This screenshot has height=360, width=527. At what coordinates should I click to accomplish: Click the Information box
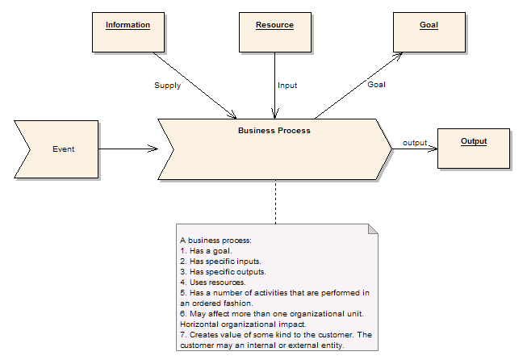point(128,32)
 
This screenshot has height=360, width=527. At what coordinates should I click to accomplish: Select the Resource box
point(275,32)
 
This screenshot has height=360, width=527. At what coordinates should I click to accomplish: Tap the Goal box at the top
point(429,32)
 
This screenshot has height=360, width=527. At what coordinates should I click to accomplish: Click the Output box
point(474,149)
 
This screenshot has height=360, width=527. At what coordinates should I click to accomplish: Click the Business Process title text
point(274,131)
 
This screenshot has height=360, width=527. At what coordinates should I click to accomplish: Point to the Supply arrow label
point(167,86)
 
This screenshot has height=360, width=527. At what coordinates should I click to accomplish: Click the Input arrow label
point(287,86)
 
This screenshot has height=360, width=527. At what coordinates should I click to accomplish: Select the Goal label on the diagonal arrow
point(376,85)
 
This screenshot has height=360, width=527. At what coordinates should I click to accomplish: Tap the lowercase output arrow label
point(415,143)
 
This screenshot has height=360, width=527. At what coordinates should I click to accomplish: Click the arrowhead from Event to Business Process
point(153,149)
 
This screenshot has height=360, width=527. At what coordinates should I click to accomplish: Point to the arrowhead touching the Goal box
point(398,57)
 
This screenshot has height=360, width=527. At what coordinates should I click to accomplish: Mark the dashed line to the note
point(275,202)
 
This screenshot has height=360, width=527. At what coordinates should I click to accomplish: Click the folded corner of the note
point(373,229)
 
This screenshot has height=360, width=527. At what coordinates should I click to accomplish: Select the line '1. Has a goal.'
point(206,251)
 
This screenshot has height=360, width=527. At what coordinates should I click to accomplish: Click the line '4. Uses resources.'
point(213,283)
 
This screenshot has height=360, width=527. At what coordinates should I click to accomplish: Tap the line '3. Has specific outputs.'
point(223,271)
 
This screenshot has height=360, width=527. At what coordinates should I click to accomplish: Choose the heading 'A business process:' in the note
point(215,241)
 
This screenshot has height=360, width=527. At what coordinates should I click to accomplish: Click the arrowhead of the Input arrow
point(275,114)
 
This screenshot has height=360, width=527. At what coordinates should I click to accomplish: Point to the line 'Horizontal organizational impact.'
point(243,324)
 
